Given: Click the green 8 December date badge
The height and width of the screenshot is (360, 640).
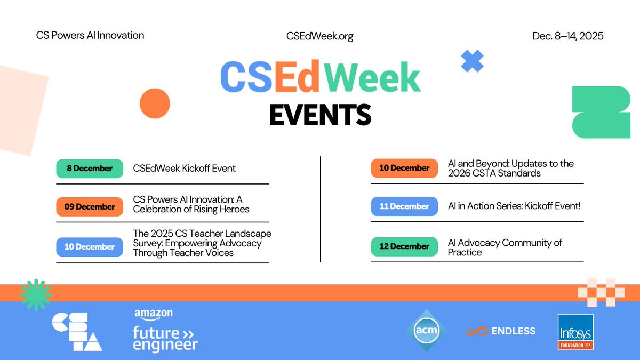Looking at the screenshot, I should pyautogui.click(x=90, y=169).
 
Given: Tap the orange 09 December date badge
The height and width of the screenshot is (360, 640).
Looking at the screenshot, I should pyautogui.click(x=90, y=207).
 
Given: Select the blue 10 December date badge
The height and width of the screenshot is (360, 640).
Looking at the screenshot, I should pyautogui.click(x=90, y=247).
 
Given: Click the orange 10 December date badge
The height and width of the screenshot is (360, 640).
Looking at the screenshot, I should pyautogui.click(x=404, y=168).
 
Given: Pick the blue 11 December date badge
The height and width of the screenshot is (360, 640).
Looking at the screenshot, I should pyautogui.click(x=404, y=206).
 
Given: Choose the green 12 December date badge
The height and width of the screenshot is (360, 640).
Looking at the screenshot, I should pyautogui.click(x=404, y=246).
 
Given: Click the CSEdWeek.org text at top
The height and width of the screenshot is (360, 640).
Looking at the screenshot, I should pyautogui.click(x=319, y=36).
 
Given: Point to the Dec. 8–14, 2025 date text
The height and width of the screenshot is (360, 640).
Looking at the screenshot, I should pyautogui.click(x=567, y=36).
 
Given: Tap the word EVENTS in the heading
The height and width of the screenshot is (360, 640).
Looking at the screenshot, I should pyautogui.click(x=320, y=114).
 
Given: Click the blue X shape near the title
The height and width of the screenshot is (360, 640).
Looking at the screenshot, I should pyautogui.click(x=472, y=61).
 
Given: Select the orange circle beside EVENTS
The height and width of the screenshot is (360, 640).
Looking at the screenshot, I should pyautogui.click(x=155, y=103).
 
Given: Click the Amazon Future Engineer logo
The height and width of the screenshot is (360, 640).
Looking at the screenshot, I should pyautogui.click(x=165, y=331).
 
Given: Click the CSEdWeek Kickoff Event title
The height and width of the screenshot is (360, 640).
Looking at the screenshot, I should pyautogui.click(x=184, y=169).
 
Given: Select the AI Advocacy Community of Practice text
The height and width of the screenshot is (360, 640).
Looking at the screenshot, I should pyautogui.click(x=505, y=247).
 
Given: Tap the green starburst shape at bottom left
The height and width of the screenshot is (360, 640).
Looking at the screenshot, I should pyautogui.click(x=36, y=294).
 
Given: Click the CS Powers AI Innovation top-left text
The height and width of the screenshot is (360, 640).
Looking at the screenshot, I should pyautogui.click(x=90, y=36).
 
